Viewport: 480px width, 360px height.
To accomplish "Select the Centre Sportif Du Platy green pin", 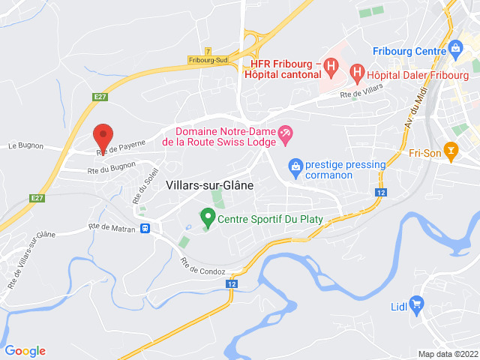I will point(208,218).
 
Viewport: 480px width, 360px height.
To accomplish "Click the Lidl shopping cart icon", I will point(418,304).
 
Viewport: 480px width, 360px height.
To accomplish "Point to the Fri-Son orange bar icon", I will point(451,152).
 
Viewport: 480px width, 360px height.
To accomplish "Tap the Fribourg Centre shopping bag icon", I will point(454,50).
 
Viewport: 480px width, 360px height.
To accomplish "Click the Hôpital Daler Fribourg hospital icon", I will point(358,73).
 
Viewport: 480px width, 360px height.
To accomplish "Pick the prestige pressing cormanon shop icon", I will point(295,166).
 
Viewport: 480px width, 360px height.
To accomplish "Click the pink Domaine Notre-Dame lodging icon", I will point(286,134).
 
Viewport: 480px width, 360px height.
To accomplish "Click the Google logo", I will point(25,350).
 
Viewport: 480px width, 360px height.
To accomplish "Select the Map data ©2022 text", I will point(447,354).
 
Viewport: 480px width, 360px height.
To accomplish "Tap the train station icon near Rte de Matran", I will point(145,228).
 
